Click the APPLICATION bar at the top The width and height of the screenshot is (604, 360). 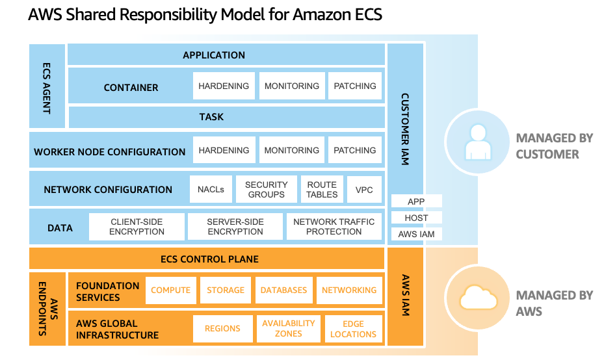[213, 55]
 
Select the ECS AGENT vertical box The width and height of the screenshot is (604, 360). [47, 86]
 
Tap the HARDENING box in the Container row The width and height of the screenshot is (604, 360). [223, 86]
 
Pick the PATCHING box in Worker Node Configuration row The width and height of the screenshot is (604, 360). [354, 151]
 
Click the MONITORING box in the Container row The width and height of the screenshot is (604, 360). [291, 86]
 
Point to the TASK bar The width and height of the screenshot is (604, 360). [211, 117]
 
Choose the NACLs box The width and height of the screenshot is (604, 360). [211, 190]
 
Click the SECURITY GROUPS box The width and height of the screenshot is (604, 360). [266, 190]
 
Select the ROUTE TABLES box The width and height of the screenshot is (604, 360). [322, 190]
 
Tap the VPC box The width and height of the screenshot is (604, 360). [364, 190]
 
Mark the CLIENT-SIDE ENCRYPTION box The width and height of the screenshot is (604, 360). [137, 227]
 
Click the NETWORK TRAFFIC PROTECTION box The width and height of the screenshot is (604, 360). [334, 227]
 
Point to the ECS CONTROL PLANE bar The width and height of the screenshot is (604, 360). [209, 259]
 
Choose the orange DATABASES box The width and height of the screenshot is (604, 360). [283, 290]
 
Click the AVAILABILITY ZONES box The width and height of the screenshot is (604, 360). [288, 329]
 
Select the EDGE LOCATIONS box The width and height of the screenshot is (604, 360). [353, 329]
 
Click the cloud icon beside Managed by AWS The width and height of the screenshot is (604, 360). [479, 298]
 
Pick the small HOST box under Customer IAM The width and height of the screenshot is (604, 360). [416, 218]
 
